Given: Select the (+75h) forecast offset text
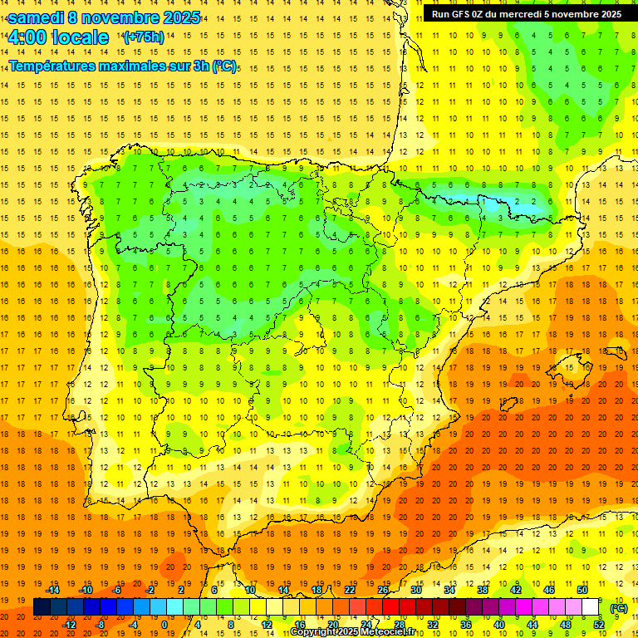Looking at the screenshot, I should [143, 37].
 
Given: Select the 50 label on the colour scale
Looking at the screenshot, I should [582, 590].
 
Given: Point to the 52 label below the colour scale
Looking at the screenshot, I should [598, 625].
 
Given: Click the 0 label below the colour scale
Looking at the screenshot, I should [164, 625].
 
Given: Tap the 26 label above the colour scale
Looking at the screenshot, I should [383, 590].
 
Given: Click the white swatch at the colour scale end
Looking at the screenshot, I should [591, 607].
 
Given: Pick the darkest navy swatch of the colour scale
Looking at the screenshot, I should [42, 607].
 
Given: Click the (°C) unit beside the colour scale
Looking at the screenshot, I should [619, 607].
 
